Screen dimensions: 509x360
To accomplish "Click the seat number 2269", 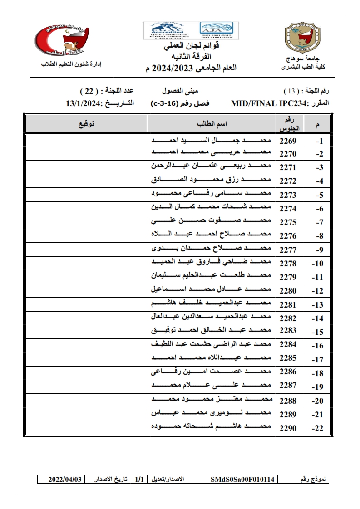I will [x=288, y=141].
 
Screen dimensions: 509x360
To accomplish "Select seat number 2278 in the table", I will [x=288, y=263].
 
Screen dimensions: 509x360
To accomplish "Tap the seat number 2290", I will [x=288, y=427].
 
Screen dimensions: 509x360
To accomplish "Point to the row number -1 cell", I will [x=319, y=141].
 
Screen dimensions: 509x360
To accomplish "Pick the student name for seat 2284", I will [x=211, y=344].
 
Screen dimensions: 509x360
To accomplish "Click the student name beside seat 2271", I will [x=211, y=167].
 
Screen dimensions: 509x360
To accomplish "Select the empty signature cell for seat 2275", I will [x=86, y=222].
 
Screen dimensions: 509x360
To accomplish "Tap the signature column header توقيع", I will [x=86, y=124].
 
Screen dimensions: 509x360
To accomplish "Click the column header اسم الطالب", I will [x=212, y=124].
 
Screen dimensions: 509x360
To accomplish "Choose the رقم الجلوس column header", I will [x=289, y=124].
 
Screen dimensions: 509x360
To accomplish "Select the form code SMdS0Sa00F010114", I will [x=242, y=479].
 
